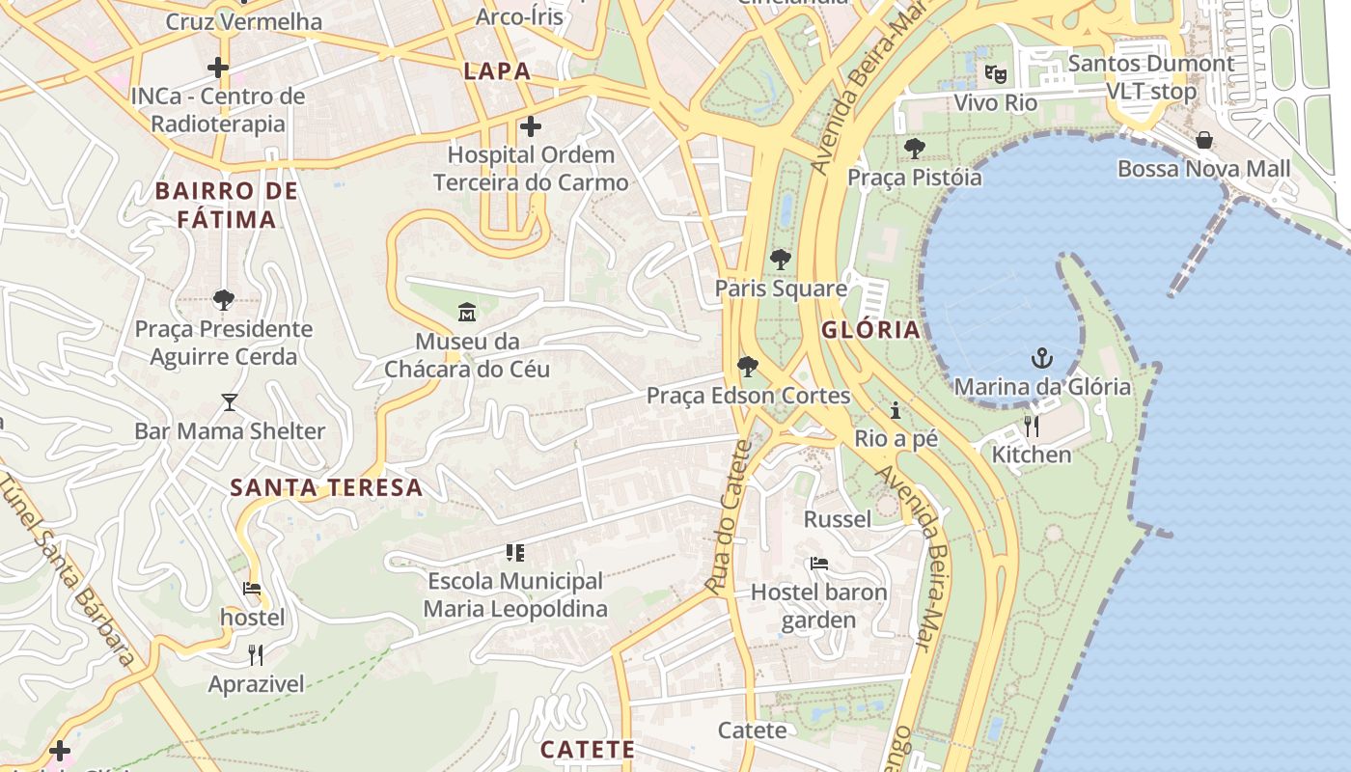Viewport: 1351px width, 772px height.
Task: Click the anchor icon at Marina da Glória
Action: tap(1041, 359)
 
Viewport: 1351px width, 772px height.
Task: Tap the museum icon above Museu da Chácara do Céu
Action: tap(467, 312)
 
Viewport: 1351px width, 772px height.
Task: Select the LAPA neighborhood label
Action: tap(497, 70)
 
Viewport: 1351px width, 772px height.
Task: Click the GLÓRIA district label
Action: tap(870, 330)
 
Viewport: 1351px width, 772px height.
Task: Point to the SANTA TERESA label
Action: tap(326, 487)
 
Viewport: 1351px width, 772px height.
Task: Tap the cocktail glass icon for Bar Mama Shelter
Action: tap(229, 401)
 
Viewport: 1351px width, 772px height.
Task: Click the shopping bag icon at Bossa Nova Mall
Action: tap(1203, 140)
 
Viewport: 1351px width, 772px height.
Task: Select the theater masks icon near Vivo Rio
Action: tap(995, 73)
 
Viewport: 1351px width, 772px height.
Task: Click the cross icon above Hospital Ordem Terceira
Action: tap(530, 125)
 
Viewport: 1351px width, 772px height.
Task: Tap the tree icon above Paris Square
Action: tap(780, 259)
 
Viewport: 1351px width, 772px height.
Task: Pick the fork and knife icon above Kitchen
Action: tap(1032, 426)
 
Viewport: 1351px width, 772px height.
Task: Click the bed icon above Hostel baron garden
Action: tap(818, 564)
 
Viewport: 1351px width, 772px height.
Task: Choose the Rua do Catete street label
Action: tap(728, 517)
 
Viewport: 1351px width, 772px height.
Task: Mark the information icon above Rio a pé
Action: tap(896, 411)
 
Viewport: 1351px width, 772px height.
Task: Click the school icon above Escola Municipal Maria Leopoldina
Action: tap(515, 553)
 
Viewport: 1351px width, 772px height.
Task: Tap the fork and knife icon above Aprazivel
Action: tap(256, 655)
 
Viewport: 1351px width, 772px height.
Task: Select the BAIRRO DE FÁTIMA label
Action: tap(227, 206)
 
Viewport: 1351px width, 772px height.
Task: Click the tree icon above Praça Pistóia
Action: tap(914, 149)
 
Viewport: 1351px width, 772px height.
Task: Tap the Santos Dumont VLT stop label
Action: tap(1150, 77)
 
